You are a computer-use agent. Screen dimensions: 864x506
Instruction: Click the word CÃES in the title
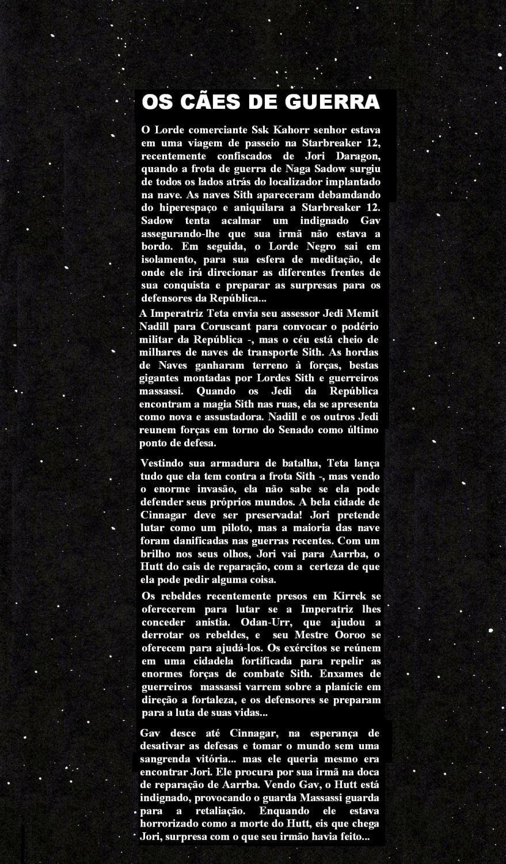coord(204,103)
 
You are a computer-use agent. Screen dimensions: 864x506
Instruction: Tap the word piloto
coord(237,529)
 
